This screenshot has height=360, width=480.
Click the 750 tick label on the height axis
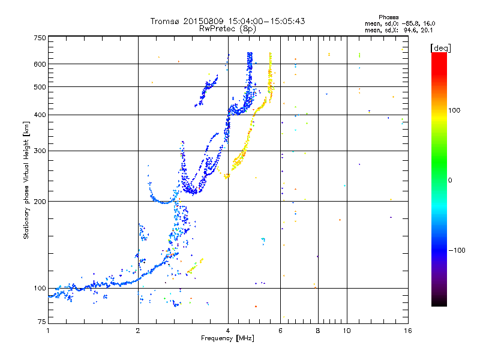40,38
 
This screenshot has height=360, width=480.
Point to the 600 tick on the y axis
40,64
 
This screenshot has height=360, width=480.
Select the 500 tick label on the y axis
40,86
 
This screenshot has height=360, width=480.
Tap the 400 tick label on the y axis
40,115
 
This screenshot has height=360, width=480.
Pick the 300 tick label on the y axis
40,151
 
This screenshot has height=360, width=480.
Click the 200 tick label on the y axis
40,201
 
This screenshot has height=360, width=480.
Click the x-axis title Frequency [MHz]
227,338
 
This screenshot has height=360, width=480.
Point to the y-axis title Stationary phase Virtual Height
26,180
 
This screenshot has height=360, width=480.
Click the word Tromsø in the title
166,21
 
